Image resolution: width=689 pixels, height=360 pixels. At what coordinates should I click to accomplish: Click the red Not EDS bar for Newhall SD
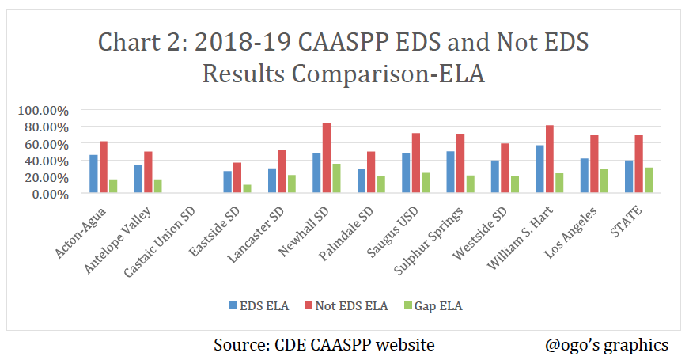327,158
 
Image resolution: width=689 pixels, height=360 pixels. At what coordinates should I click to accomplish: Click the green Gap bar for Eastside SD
248,189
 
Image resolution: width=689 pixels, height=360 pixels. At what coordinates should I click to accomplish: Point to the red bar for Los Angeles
594,164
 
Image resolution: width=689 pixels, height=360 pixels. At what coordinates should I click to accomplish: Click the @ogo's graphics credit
607,345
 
